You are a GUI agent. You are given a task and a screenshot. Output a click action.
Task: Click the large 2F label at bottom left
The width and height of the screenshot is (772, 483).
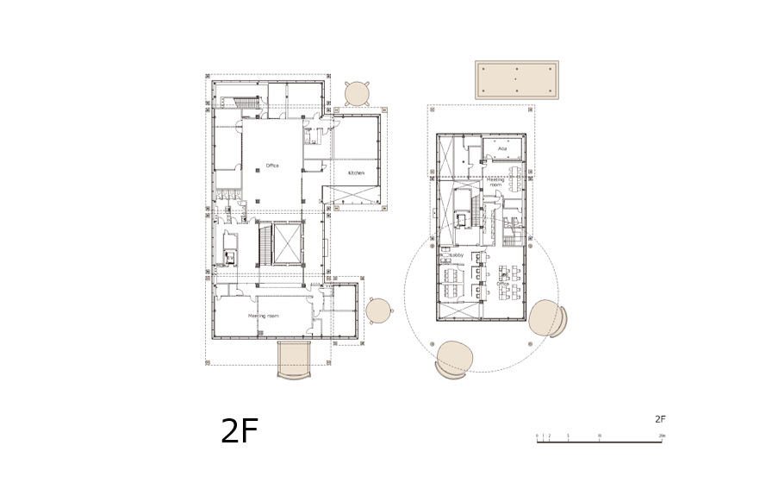[240, 431]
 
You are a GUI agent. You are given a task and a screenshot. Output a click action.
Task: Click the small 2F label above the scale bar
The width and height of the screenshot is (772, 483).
[660, 419]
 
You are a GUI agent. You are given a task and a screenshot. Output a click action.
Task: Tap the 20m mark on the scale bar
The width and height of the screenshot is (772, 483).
[660, 436]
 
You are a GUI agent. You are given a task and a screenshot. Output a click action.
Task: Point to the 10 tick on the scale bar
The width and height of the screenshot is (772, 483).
[599, 436]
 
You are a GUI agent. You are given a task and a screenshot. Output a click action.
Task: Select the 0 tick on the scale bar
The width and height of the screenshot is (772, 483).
[537, 436]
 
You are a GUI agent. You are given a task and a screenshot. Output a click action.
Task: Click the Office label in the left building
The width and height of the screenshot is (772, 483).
[272, 166]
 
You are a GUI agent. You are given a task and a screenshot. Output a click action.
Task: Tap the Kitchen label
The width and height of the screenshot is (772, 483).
[356, 172]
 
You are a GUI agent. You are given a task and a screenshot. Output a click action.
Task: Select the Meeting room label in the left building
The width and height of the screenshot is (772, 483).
[263, 316]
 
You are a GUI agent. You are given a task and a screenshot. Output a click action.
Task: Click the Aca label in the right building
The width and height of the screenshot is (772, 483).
[502, 148]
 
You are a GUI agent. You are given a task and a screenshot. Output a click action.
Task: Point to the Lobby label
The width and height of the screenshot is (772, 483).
[458, 255]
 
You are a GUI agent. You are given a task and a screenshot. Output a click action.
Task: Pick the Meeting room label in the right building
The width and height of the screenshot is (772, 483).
[496, 181]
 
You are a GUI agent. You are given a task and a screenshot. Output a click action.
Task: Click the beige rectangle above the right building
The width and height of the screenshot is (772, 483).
[516, 79]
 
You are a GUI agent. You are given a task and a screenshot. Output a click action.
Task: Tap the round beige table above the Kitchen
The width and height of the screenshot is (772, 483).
[358, 93]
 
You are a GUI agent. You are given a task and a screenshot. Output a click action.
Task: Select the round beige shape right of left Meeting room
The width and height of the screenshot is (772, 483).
[378, 310]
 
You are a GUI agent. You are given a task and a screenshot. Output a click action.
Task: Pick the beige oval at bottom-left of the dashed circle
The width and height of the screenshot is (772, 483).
[454, 358]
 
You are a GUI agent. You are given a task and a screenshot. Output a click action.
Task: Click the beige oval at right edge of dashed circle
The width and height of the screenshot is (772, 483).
[545, 317]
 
